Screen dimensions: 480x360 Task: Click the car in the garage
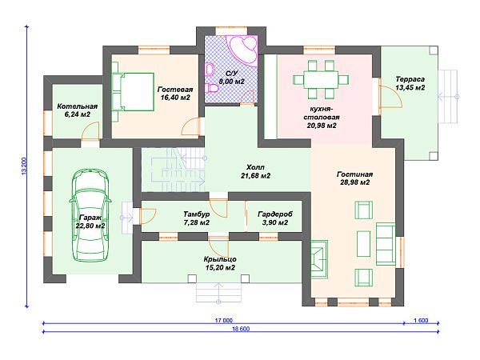pos(90,216)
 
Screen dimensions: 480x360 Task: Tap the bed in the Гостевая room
pos(133,92)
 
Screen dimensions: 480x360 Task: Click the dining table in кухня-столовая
pos(321,79)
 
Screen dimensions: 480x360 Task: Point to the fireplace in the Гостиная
pos(319,259)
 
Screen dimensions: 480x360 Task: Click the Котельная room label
pos(77,106)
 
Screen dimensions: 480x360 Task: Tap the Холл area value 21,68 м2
pos(255,176)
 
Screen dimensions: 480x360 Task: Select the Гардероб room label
pos(275,214)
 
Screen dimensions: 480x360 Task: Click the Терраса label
pos(410,79)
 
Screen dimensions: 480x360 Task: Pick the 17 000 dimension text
pos(223,320)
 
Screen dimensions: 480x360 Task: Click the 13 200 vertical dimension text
pos(25,166)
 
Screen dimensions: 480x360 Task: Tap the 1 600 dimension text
pos(421,320)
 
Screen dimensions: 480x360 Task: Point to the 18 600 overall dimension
pos(241,329)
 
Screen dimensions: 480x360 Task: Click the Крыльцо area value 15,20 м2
pos(220,268)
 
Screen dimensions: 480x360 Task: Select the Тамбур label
pos(196,214)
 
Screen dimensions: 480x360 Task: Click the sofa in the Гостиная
pos(386,244)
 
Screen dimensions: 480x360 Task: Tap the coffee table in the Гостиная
pos(364,244)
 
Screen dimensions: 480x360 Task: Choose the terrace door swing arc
pos(391,97)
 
